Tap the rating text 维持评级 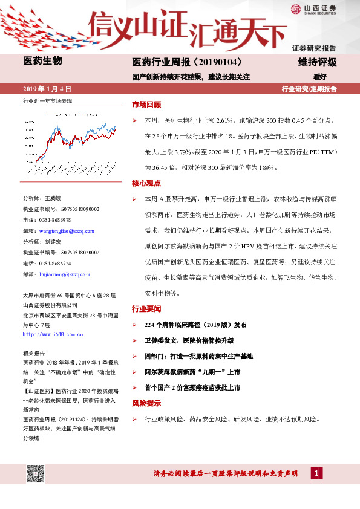pos(317,62)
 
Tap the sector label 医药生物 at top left pos(42,61)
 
